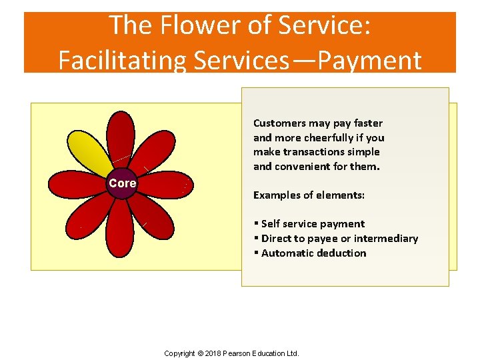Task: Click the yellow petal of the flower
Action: pyautogui.click(x=91, y=150)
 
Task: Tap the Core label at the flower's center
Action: pyautogui.click(x=123, y=183)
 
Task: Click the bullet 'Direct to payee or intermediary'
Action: pyautogui.click(x=339, y=239)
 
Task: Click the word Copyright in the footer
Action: pyautogui.click(x=179, y=353)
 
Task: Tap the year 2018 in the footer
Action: pyautogui.click(x=215, y=353)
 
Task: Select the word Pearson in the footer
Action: pyautogui.click(x=240, y=353)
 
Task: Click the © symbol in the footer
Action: pyautogui.click(x=200, y=353)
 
